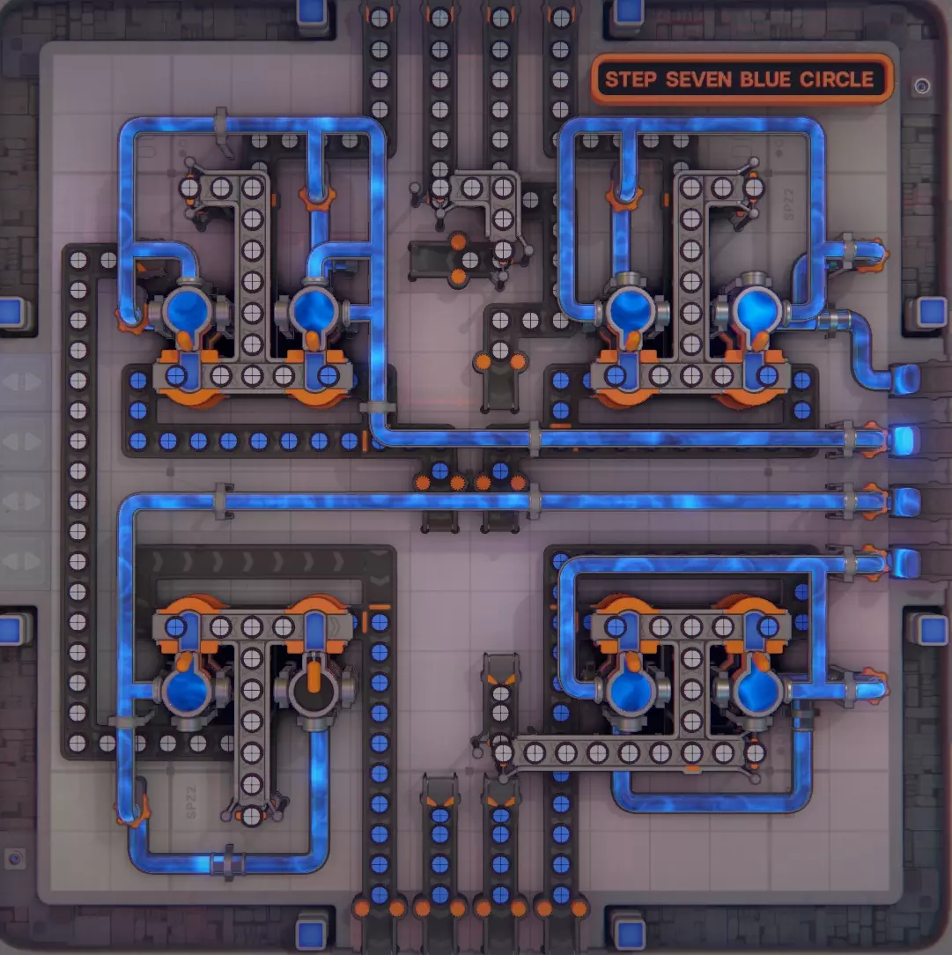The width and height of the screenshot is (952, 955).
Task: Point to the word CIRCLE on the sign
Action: [x=837, y=80]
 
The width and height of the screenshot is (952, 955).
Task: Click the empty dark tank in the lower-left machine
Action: [x=314, y=692]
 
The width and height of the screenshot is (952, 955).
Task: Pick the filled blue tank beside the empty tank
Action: [x=187, y=692]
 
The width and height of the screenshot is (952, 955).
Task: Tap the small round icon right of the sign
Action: [x=921, y=86]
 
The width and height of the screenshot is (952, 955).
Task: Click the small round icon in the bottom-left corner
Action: [x=15, y=859]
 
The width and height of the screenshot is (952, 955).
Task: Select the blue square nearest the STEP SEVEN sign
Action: [x=629, y=11]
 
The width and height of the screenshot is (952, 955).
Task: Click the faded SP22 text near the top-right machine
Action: [x=789, y=204]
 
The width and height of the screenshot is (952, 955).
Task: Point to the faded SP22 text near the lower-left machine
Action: [x=191, y=802]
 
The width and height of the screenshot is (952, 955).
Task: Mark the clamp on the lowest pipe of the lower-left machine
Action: [x=228, y=862]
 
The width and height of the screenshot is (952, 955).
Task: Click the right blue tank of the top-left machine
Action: [x=314, y=311]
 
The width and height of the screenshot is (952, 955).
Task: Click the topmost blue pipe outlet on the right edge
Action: [x=905, y=378]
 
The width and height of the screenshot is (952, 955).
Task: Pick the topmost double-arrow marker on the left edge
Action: [x=23, y=381]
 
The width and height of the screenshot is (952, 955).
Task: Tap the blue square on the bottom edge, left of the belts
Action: [x=312, y=935]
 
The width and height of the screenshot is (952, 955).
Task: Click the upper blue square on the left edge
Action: [x=12, y=312]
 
